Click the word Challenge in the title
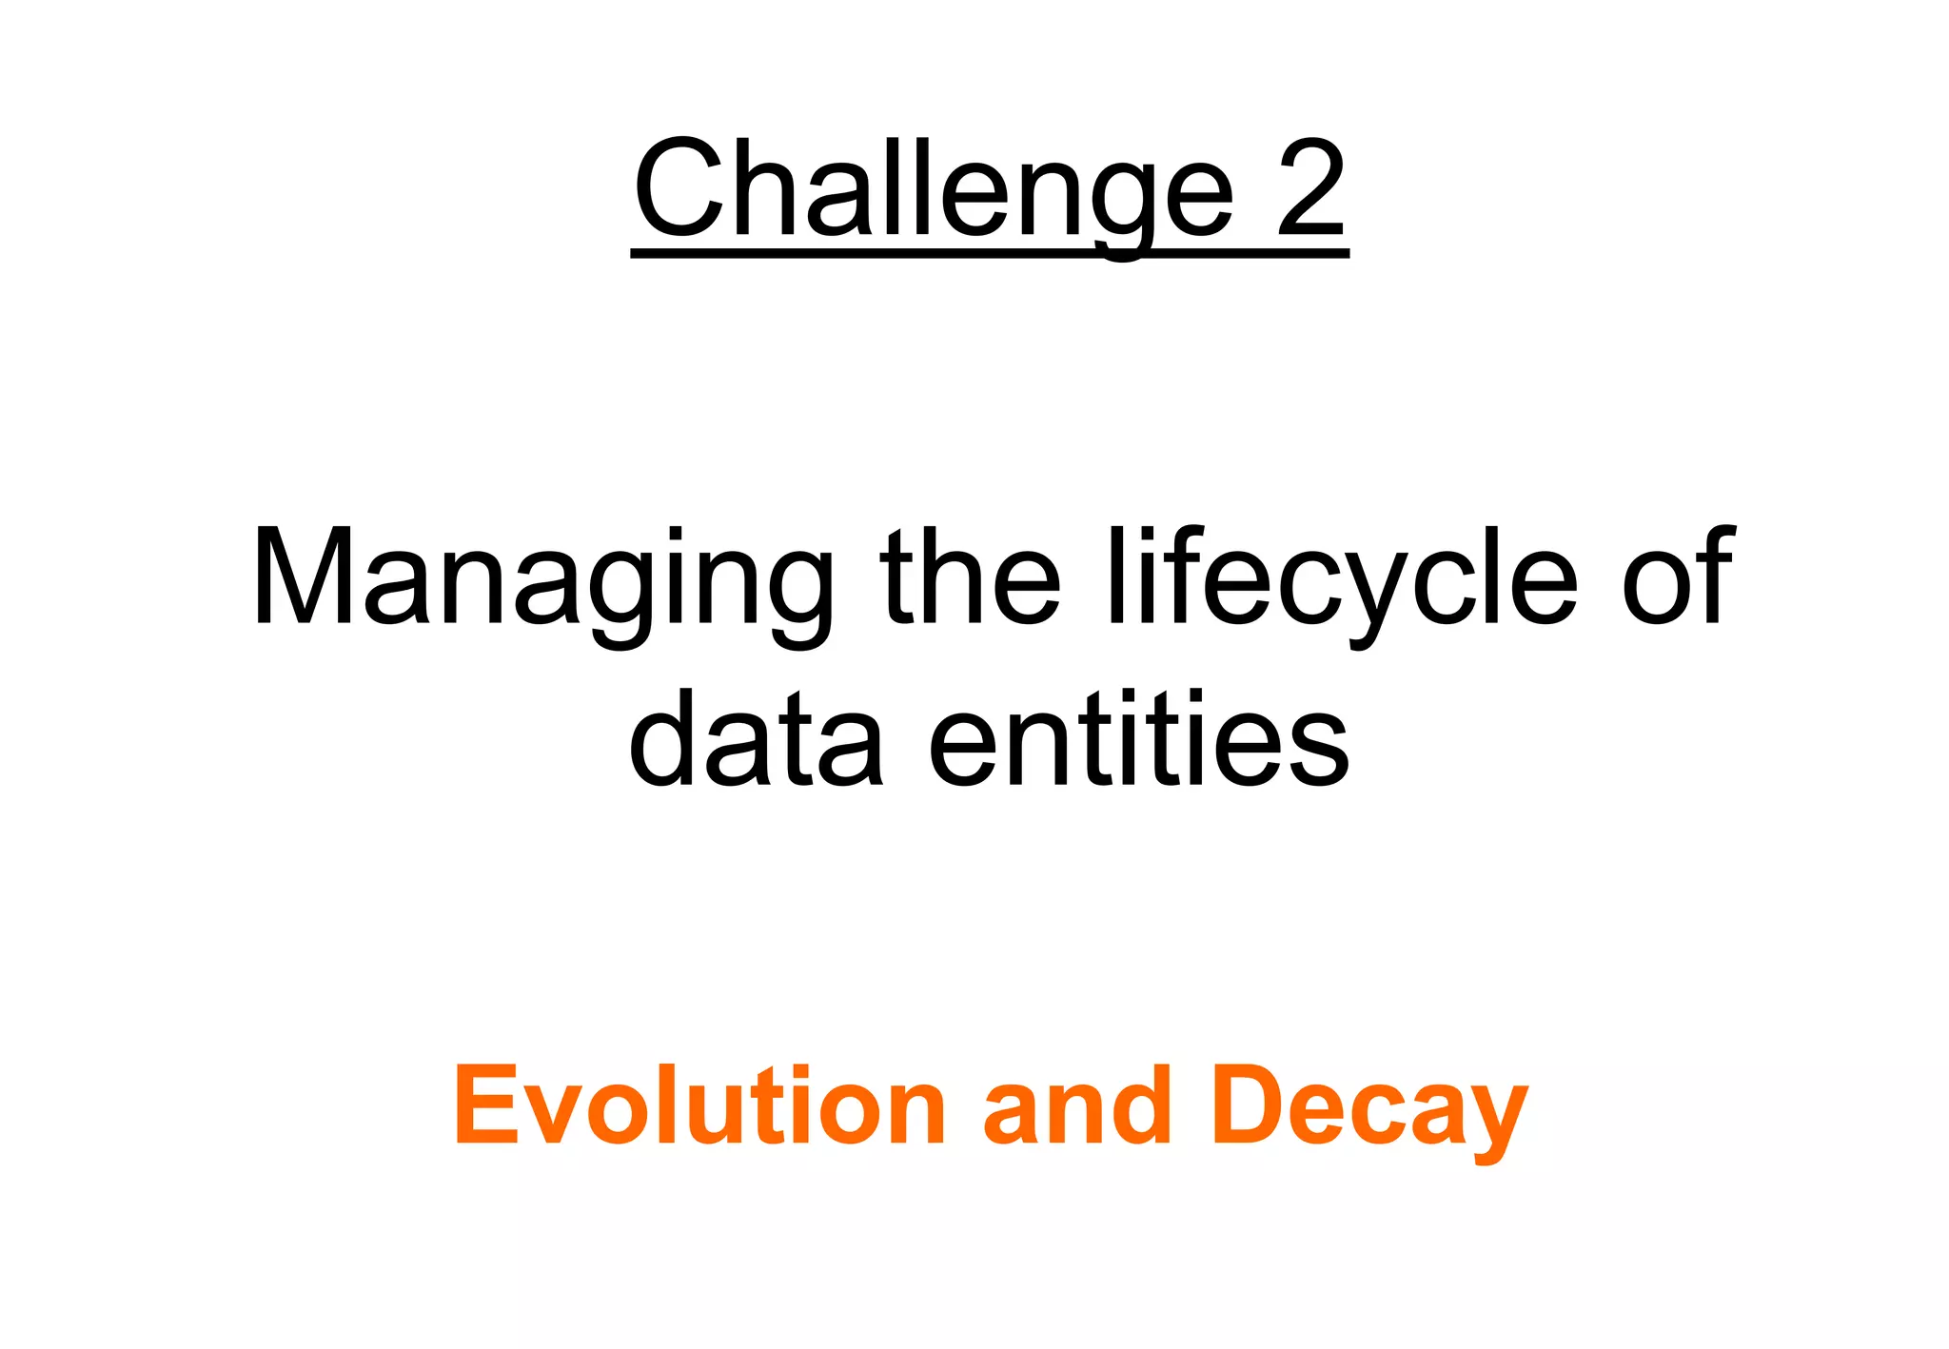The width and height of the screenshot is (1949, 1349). click(933, 190)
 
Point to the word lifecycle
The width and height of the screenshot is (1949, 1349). click(1342, 580)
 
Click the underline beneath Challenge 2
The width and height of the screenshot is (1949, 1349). click(990, 252)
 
